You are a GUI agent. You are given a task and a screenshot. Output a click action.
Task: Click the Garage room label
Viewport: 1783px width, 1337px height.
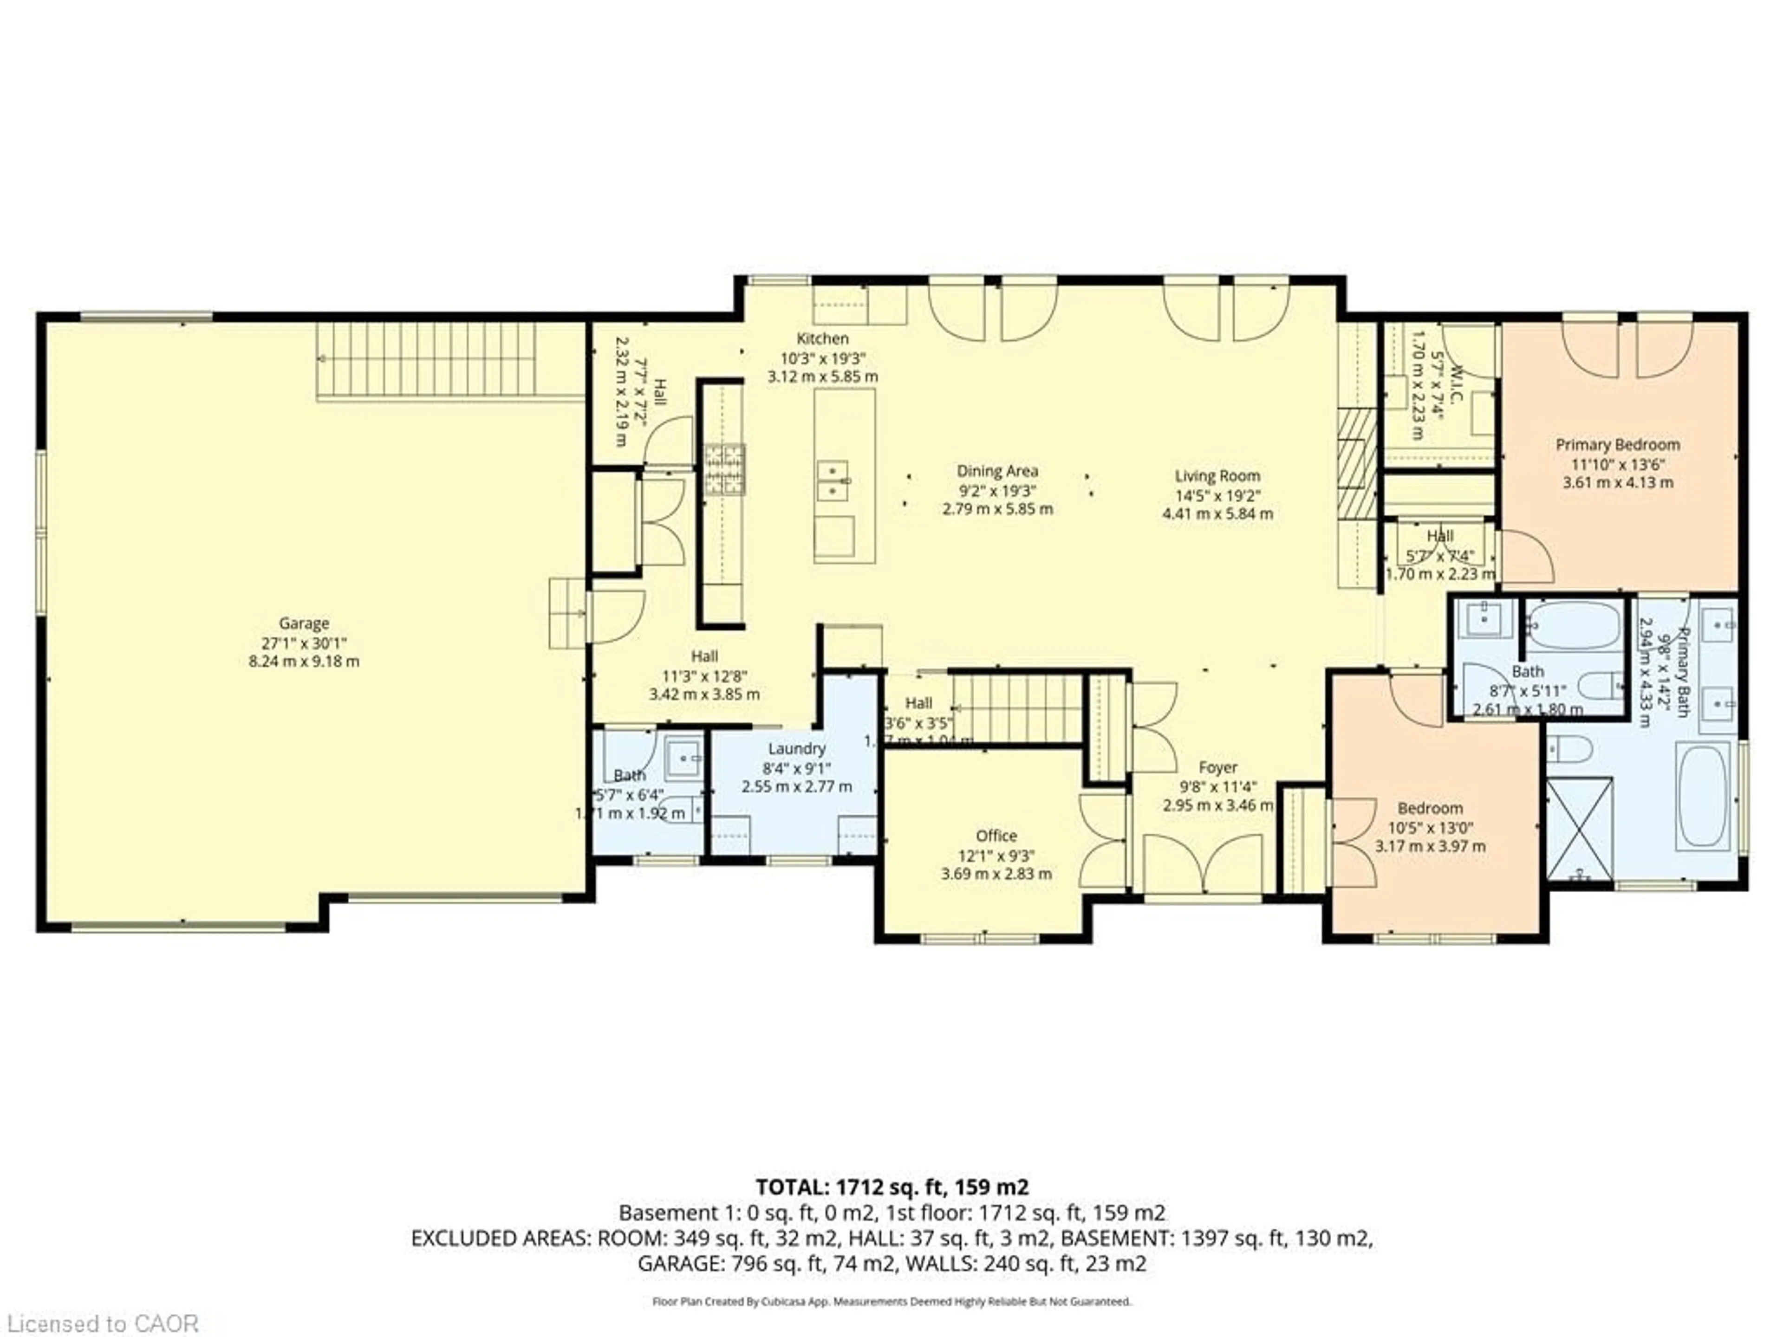pos(304,623)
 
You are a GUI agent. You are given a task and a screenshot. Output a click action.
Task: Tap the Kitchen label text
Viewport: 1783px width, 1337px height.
pos(822,338)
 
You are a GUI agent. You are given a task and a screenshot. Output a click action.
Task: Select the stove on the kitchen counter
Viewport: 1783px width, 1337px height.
pos(724,469)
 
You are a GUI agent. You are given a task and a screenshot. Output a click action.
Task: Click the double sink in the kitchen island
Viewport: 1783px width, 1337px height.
pos(833,481)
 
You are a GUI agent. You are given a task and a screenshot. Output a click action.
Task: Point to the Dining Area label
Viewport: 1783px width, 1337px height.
pos(997,471)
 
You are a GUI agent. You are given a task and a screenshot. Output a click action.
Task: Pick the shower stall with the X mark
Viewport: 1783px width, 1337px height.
pos(1581,828)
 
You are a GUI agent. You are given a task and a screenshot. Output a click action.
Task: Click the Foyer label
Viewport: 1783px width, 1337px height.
pos(1217,767)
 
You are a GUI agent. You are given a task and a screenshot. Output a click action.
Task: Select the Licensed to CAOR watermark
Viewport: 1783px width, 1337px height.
pos(100,1323)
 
